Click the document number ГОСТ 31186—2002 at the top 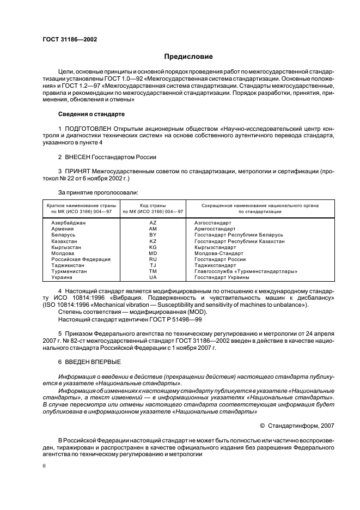pyautogui.click(x=66, y=40)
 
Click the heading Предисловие pyautogui.click(x=188, y=56)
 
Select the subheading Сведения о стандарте pyautogui.click(x=91, y=115)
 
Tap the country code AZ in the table pyautogui.click(x=152, y=223)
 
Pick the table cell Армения pyautogui.click(x=63, y=229)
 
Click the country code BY pyautogui.click(x=152, y=235)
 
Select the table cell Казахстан pyautogui.click(x=64, y=241)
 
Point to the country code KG pyautogui.click(x=152, y=247)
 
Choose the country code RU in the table pyautogui.click(x=152, y=259)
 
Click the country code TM pyautogui.click(x=152, y=271)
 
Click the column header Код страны pyautogui.click(x=152, y=205)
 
